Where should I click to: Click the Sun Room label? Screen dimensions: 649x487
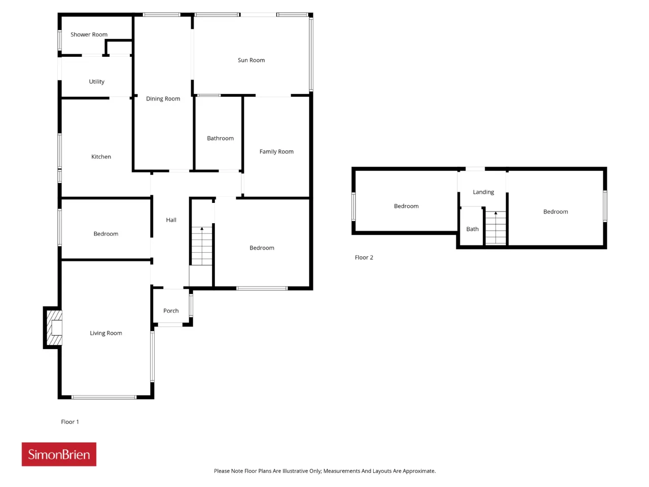(251, 60)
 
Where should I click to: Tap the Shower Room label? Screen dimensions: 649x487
(89, 34)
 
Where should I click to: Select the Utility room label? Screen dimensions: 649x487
(96, 82)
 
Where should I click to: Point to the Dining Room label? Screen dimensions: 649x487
(163, 99)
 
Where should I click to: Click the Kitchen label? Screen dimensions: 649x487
(101, 157)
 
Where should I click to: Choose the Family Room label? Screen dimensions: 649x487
(276, 152)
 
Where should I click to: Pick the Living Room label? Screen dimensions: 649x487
(106, 333)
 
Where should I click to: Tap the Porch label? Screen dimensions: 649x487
(171, 311)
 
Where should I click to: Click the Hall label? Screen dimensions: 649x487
(171, 220)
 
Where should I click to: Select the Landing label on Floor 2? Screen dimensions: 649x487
(483, 192)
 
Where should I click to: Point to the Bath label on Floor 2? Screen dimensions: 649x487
(472, 229)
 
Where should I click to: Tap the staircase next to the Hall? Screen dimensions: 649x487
(202, 246)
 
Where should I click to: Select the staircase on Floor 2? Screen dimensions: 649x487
(495, 227)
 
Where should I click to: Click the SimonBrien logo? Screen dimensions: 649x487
(59, 454)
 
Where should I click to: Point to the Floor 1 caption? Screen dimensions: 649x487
(70, 422)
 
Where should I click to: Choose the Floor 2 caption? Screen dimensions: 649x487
(364, 258)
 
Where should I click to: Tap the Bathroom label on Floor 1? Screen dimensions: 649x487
(220, 138)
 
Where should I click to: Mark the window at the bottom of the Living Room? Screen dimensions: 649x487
(104, 397)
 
